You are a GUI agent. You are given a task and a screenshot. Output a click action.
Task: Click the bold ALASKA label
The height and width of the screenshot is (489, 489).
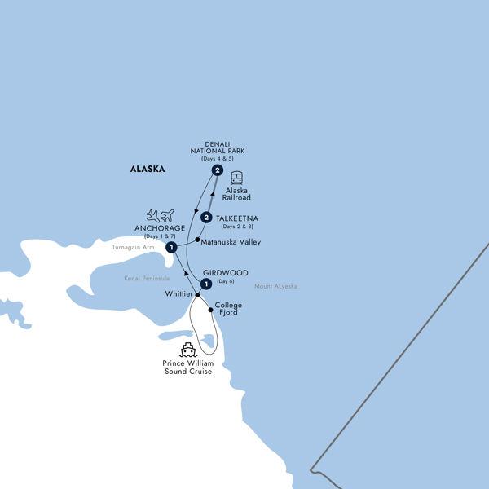coord(148,170)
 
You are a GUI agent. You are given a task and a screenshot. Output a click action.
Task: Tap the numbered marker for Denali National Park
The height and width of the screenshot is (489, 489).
coord(218,170)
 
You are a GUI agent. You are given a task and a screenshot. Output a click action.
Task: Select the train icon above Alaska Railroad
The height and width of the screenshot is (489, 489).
coord(237,178)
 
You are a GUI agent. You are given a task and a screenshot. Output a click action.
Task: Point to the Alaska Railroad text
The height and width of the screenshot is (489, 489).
coord(237,193)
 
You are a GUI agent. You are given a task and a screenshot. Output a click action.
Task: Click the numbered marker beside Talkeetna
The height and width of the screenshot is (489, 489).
coord(207,218)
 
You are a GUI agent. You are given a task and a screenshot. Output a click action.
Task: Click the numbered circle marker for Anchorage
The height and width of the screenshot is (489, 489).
coord(171,248)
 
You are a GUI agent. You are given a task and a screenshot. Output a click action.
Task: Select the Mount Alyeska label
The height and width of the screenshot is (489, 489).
coord(275,286)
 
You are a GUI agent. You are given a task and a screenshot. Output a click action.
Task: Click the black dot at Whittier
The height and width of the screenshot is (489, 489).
coord(196,295)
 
